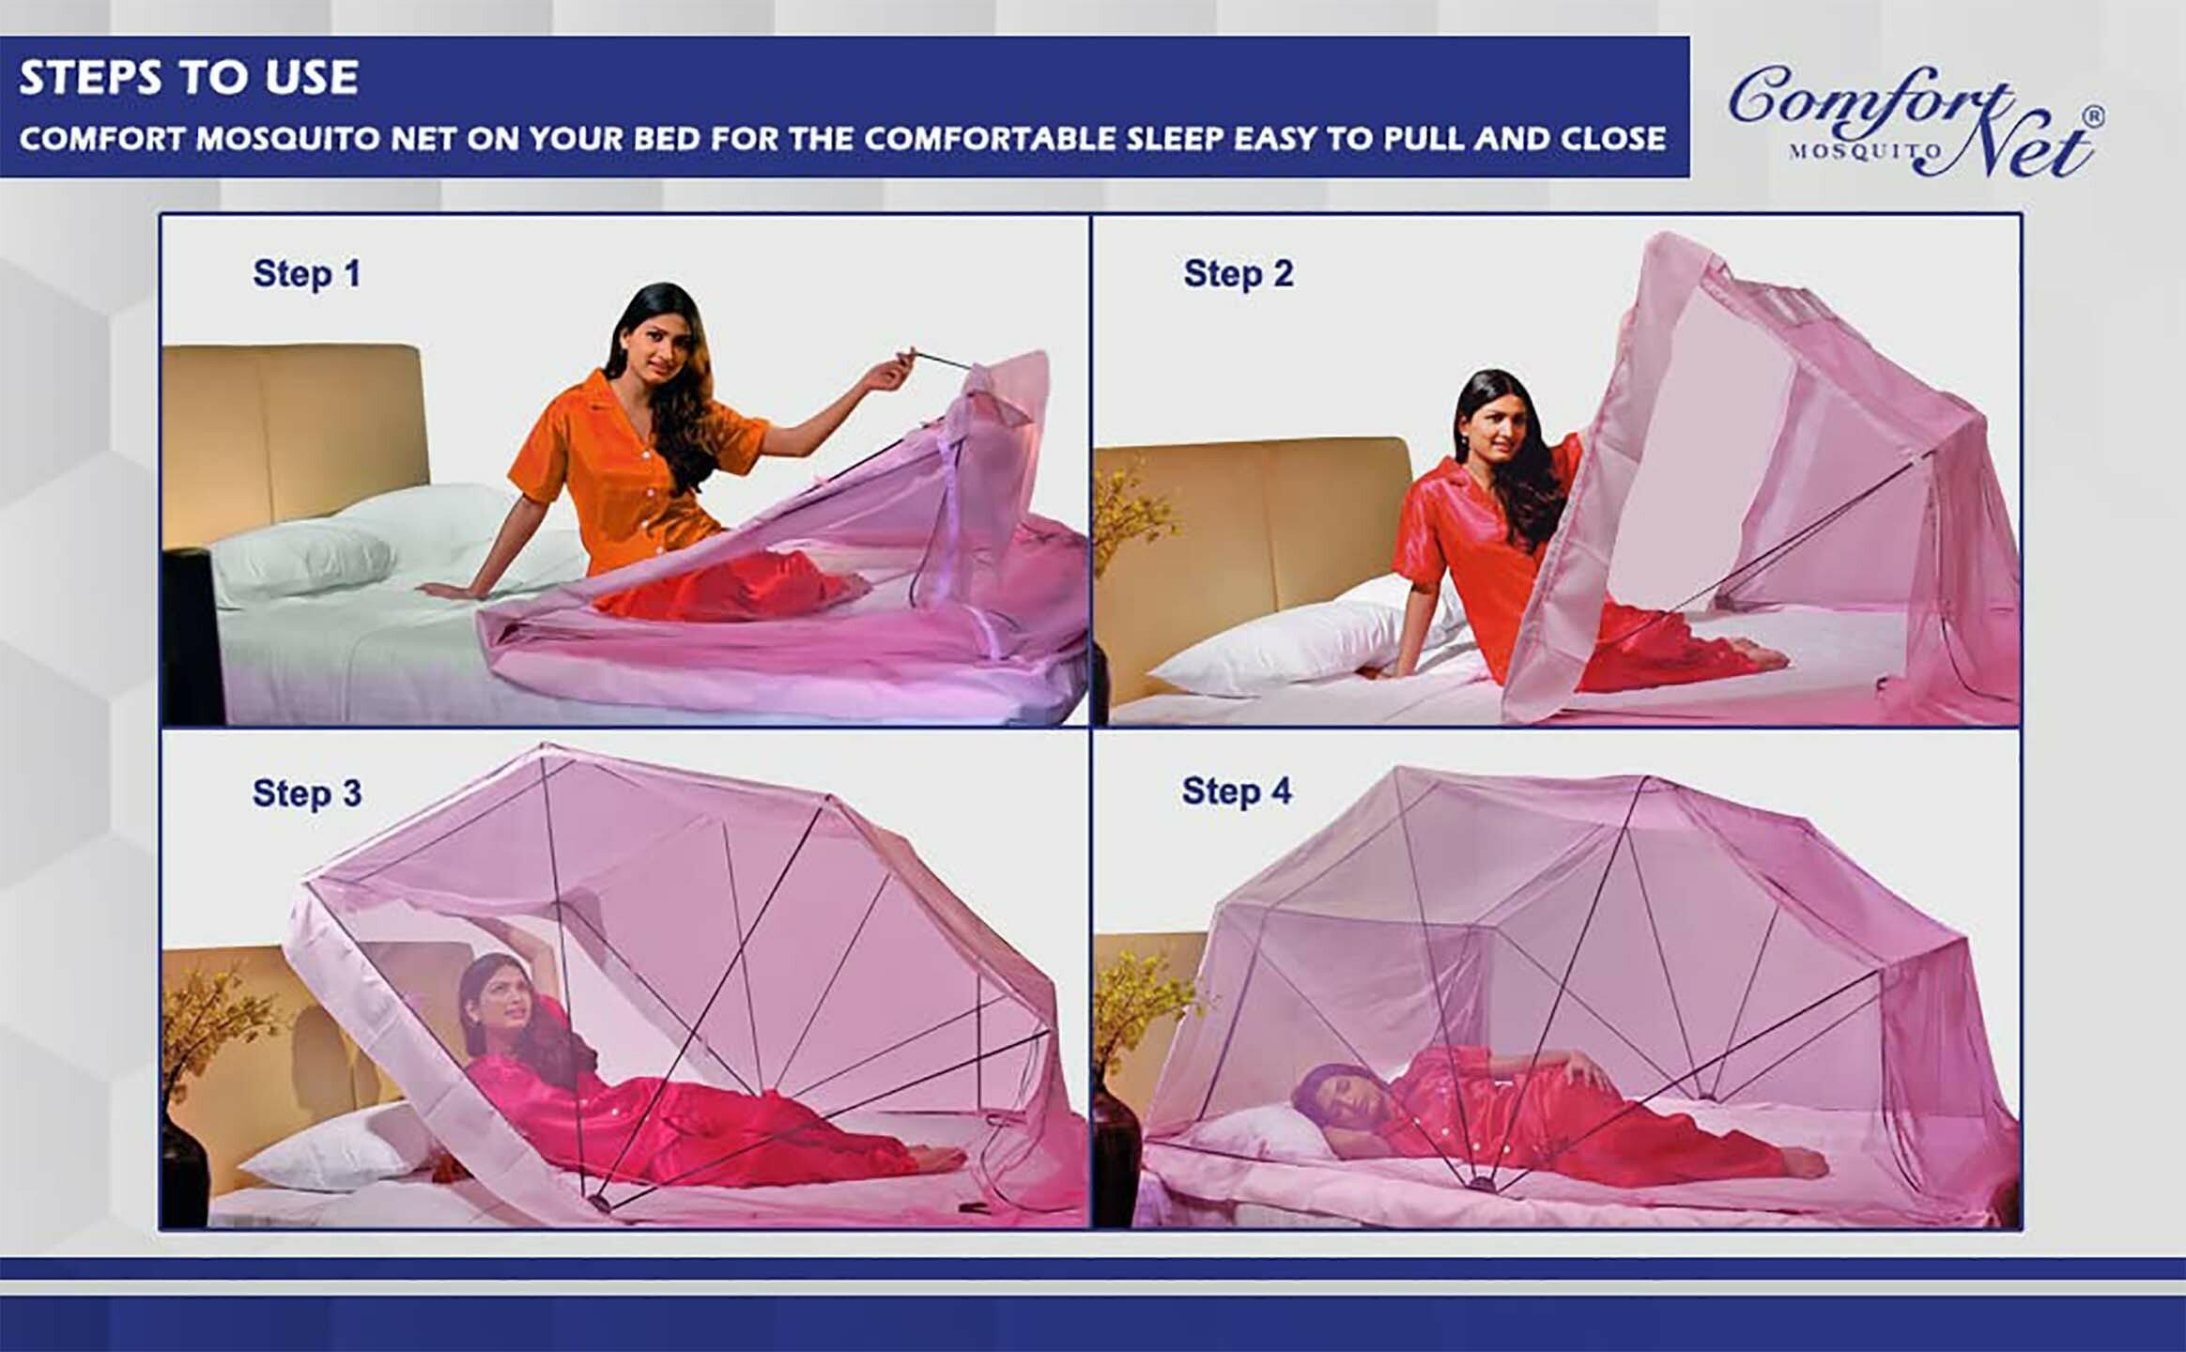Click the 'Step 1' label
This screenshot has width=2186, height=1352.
307,274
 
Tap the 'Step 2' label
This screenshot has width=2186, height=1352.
1239,274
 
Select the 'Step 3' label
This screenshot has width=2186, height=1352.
307,793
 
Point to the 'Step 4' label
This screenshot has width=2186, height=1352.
1237,791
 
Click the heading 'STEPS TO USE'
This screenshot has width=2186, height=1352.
189,77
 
